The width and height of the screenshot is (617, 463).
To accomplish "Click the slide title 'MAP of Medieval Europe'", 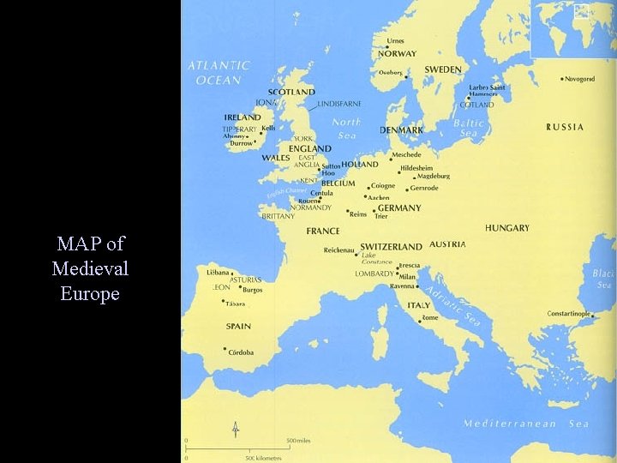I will click(x=90, y=268).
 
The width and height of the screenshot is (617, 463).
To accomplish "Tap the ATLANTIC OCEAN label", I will click(x=219, y=73).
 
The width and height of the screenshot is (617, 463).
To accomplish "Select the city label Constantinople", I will click(x=580, y=314).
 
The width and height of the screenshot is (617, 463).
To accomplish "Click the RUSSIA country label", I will click(x=565, y=127).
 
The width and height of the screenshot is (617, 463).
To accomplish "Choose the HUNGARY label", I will click(x=506, y=228).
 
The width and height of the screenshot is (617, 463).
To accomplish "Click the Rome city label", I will click(x=429, y=318).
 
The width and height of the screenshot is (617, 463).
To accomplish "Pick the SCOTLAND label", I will click(x=291, y=93).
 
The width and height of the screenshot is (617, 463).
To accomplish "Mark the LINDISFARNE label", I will click(x=339, y=104).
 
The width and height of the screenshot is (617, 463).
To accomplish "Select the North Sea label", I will click(x=346, y=129).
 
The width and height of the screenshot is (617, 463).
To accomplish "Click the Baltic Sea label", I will click(x=470, y=128).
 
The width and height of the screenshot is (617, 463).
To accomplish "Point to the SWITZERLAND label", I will click(x=391, y=246).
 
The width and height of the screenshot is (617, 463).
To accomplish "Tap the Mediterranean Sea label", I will click(x=525, y=424).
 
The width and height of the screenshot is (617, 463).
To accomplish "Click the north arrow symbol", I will click(x=236, y=429).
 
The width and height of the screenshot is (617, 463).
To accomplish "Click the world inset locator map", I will click(x=573, y=28).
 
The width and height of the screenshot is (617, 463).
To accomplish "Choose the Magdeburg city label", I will click(x=432, y=177).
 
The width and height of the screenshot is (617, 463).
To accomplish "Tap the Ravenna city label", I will click(x=403, y=286).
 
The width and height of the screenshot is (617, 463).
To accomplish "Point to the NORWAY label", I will click(x=397, y=54).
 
